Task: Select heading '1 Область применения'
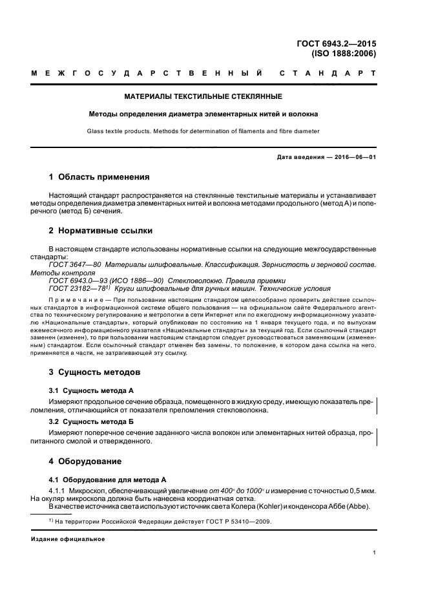[99, 176]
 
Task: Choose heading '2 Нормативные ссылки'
[101, 230]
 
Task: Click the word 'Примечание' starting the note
[69, 301]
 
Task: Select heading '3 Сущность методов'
[95, 373]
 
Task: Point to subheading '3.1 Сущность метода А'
[91, 391]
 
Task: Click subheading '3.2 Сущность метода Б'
[91, 421]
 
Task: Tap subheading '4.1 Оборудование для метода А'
[108, 480]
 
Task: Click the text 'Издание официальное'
[68, 539]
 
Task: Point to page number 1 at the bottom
[374, 553]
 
